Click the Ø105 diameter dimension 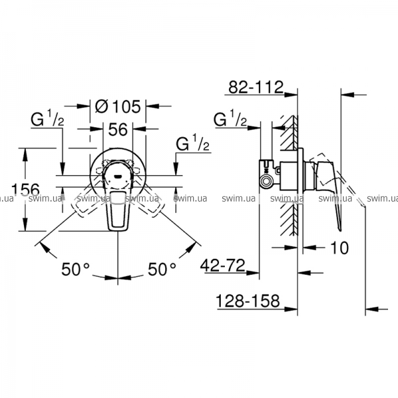[x=118, y=106]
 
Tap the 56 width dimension [x=118, y=129]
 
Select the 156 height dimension [x=26, y=189]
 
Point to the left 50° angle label [x=76, y=269]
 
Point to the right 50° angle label [x=162, y=269]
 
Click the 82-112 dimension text [x=256, y=87]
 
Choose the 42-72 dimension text [x=223, y=265]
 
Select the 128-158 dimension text [x=247, y=300]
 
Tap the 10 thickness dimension [x=340, y=247]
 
